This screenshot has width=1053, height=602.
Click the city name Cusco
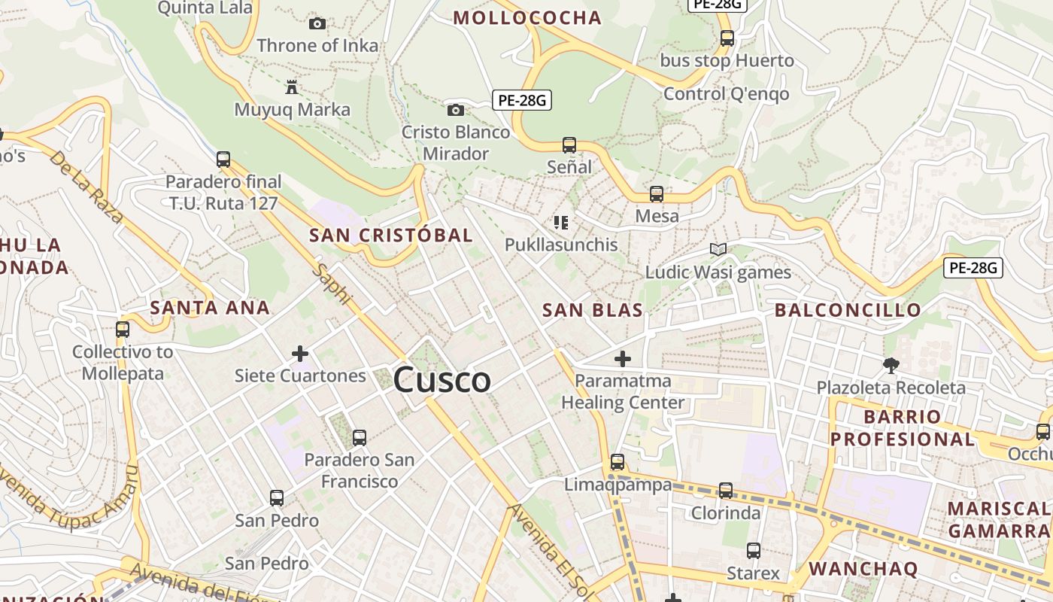[442, 380]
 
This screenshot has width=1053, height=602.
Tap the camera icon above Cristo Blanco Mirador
[455, 111]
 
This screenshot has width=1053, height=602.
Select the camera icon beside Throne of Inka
[317, 24]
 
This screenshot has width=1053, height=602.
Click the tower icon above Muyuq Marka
[292, 87]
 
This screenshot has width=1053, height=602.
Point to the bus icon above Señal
[569, 145]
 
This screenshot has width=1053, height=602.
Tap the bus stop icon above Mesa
[657, 194]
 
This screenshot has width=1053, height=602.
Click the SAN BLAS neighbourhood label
[593, 310]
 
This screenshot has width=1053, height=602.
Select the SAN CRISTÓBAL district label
[391, 235]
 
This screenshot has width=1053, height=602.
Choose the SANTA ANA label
[210, 307]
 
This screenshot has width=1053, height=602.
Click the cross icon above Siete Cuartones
[300, 354]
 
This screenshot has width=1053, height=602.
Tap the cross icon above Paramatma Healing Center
[623, 359]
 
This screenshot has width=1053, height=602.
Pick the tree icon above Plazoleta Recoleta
[891, 366]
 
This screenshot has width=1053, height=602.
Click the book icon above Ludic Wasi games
[718, 249]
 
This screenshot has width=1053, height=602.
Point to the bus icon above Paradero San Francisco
[360, 437]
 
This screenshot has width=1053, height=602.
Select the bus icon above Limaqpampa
[618, 462]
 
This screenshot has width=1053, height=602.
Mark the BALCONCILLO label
[848, 310]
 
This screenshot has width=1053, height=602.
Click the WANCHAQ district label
[863, 569]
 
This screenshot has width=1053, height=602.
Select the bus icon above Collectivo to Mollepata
[123, 330]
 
